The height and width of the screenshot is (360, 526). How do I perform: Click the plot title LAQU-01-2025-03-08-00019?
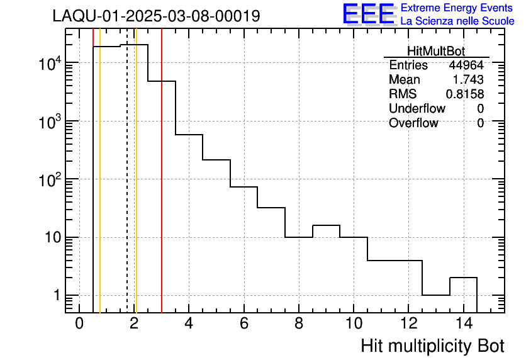click(x=156, y=16)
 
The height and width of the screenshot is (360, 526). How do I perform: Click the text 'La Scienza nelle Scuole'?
click(x=457, y=21)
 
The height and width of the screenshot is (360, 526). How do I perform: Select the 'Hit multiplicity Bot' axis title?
click(x=432, y=346)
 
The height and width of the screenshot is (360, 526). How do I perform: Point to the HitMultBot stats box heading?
click(x=436, y=52)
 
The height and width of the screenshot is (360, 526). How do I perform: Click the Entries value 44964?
click(x=466, y=65)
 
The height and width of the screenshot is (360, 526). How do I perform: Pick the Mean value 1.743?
click(x=468, y=80)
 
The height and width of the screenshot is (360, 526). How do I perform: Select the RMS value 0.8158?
click(x=465, y=94)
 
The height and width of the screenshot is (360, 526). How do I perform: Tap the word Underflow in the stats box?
click(x=417, y=108)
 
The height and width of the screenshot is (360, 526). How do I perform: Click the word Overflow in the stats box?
click(x=413, y=123)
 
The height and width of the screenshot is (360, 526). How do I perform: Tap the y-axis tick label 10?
click(x=48, y=238)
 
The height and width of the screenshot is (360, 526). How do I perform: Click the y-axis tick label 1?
click(x=55, y=296)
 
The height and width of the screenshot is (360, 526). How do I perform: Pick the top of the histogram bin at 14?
click(x=463, y=278)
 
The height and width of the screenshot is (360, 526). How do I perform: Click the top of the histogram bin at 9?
click(x=326, y=225)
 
